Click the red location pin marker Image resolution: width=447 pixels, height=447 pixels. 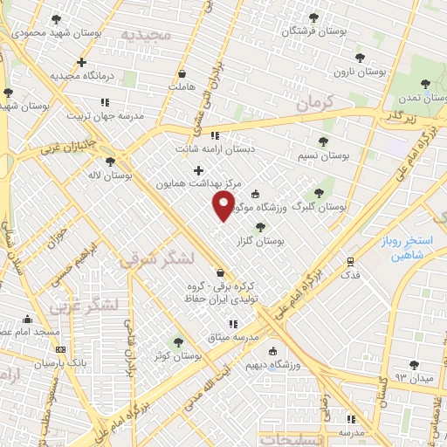click(224, 206)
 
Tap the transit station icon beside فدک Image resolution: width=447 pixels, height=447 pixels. click(350, 260)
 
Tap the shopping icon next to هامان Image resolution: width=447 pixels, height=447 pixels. click(182, 75)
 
